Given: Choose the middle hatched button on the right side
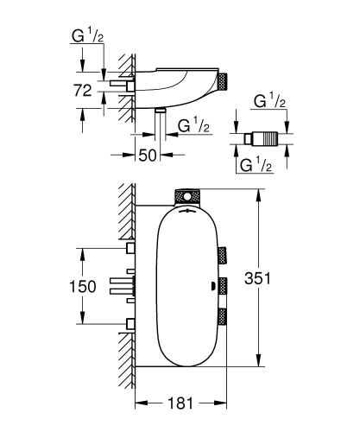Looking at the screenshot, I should pos(224,283).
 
